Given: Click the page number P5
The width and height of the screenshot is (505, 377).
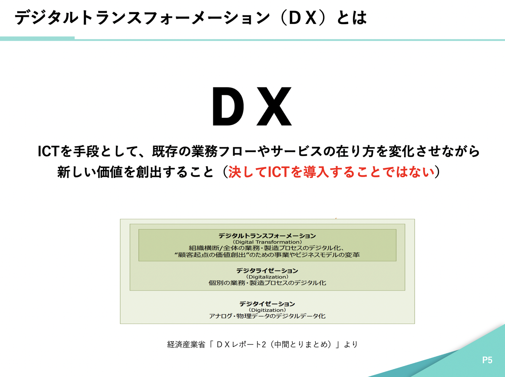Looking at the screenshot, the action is pos(487,360).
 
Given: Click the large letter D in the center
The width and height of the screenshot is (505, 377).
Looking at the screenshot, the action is pos(228,107).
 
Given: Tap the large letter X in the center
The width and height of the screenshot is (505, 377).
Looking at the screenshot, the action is pos(274,107).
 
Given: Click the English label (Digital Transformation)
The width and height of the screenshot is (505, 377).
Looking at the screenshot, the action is pos(267,242).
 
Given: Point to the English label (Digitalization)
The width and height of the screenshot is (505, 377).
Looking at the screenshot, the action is pos(267,277).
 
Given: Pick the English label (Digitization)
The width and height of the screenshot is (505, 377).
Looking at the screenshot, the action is pos(267,310).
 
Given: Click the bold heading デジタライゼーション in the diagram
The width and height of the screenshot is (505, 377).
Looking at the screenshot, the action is pos(267,270).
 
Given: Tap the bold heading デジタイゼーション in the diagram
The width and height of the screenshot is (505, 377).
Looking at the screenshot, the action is pos(267,304).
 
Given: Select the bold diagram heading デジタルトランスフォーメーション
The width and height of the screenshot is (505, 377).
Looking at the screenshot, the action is pos(267,236).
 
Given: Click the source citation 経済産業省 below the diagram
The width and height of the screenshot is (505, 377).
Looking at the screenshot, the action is pos(186,344).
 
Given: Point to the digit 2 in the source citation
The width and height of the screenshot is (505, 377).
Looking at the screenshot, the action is pos(263,344).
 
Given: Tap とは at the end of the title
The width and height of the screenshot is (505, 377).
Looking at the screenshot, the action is pos(351,18).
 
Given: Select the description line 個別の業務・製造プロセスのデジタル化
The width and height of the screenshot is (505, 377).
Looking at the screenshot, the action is pos(267,283).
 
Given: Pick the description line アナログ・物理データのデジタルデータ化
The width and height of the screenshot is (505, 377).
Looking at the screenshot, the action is pos(267,316).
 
